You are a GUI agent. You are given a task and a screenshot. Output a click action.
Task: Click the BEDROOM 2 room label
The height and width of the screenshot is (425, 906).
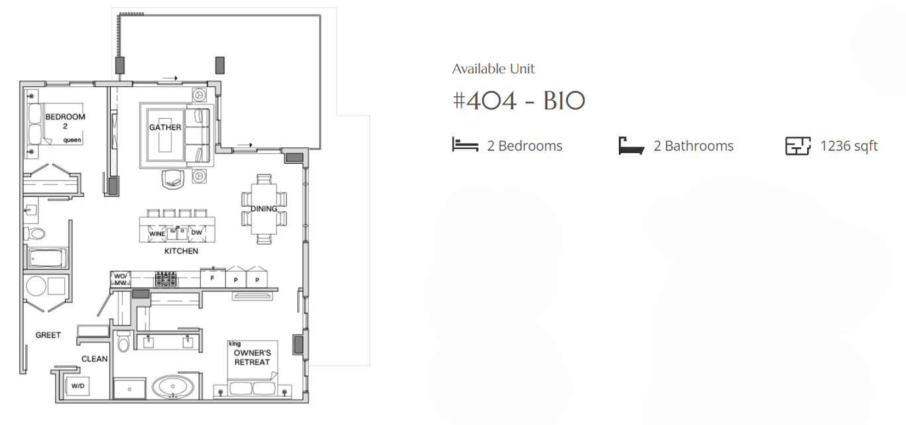pyautogui.click(x=65, y=121)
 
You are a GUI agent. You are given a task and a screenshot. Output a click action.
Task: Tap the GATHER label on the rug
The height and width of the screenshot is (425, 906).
pyautogui.click(x=165, y=127)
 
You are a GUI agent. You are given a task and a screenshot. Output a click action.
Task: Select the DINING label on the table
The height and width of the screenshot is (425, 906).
pyautogui.click(x=264, y=209)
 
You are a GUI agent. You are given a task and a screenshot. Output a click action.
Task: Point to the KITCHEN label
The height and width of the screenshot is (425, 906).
pyautogui.click(x=181, y=251)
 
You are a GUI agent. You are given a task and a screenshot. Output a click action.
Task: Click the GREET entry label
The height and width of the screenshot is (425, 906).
pyautogui.click(x=48, y=335)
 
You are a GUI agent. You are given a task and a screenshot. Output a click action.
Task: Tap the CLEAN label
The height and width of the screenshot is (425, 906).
pyautogui.click(x=94, y=359)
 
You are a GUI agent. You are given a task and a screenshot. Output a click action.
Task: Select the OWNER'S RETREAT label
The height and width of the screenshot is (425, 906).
pyautogui.click(x=252, y=357)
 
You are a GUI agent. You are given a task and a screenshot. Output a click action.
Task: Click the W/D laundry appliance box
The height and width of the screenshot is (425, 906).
pyautogui.click(x=78, y=386)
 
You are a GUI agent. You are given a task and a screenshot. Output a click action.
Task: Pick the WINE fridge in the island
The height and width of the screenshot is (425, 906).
pyautogui.click(x=157, y=234)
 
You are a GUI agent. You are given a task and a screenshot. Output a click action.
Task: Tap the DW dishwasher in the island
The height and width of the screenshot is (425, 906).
pyautogui.click(x=196, y=233)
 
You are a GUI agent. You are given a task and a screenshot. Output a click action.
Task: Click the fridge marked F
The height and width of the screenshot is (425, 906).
pyautogui.click(x=212, y=278)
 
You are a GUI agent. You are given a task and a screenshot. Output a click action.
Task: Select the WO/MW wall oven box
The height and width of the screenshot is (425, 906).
pyautogui.click(x=121, y=279)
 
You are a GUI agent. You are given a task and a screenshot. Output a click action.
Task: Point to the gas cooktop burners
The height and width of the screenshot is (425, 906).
pyautogui.click(x=166, y=279)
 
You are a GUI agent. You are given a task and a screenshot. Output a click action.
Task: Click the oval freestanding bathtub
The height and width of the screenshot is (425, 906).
pyautogui.click(x=172, y=387)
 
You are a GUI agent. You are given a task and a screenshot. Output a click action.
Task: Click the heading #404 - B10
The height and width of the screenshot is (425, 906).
pyautogui.click(x=519, y=101)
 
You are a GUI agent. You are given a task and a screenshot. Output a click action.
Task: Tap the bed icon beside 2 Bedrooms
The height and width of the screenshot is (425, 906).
pyautogui.click(x=465, y=145)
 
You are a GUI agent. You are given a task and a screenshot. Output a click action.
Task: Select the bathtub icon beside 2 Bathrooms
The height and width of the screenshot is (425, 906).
pyautogui.click(x=631, y=146)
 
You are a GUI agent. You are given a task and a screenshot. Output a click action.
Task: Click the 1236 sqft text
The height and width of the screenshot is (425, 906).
pyautogui.click(x=849, y=146)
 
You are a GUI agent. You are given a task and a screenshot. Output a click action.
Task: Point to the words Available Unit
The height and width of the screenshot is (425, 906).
pyautogui.click(x=493, y=69)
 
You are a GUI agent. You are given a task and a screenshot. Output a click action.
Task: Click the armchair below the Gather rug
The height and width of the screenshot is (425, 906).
pyautogui.click(x=173, y=179)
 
